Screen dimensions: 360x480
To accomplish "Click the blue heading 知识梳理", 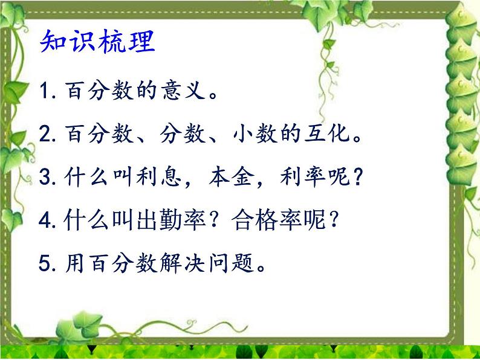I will click(97, 43).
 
